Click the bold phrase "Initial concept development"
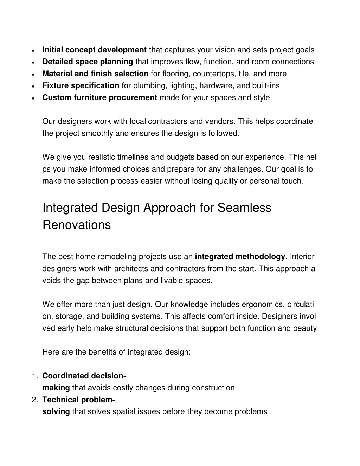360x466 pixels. click(94, 50)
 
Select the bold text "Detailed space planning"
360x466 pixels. click(88, 62)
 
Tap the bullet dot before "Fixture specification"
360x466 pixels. click(32, 86)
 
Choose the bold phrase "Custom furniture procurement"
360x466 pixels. click(99, 98)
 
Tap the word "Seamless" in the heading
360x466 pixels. click(244, 208)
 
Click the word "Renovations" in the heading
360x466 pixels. click(76, 225)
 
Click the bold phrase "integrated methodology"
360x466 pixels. click(240, 257)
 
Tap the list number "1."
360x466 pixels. click(34, 376)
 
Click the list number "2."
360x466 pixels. click(34, 400)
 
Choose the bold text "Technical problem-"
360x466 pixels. click(78, 400)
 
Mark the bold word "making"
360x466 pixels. click(56, 388)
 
